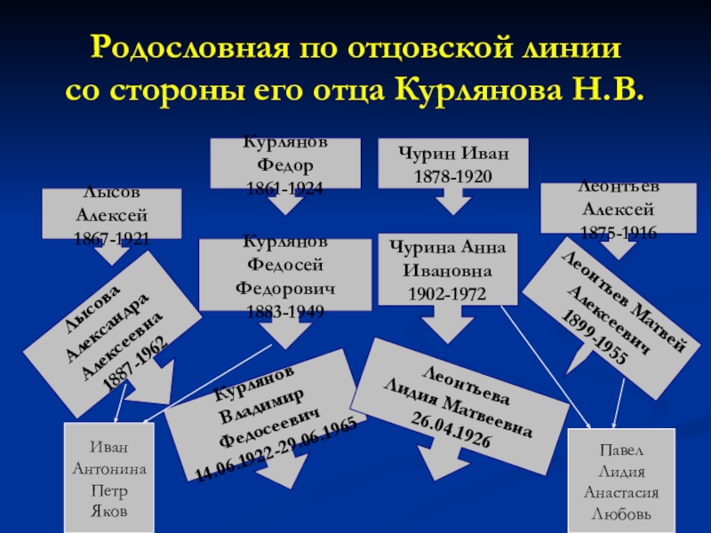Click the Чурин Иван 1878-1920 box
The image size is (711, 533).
[452, 164]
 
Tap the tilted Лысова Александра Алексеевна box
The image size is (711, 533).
[111, 321]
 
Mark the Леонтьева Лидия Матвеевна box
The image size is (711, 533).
[460, 403]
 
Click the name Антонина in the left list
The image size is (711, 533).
[110, 468]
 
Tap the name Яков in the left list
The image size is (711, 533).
[110, 513]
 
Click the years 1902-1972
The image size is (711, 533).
[444, 293]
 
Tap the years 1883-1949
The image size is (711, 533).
[284, 312]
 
